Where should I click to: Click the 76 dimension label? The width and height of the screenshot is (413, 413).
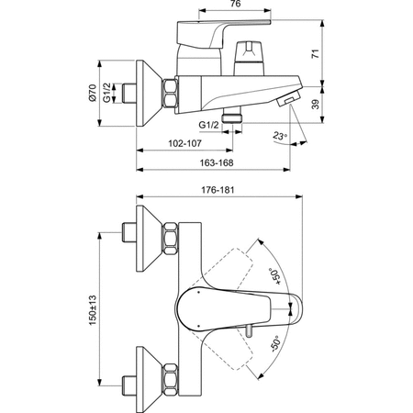tap(235, 4)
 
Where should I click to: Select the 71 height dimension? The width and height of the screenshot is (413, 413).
tap(316, 53)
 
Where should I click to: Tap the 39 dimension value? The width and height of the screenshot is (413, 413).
tap(316, 104)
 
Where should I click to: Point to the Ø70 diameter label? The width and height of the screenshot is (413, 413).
tap(92, 93)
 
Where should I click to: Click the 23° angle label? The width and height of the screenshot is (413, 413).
tap(280, 136)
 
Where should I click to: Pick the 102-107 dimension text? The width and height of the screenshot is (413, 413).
tap(185, 143)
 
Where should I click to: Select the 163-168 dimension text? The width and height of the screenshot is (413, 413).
tap(217, 162)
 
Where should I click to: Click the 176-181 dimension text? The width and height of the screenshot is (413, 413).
tap(218, 190)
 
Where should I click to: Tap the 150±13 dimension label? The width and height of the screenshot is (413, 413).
tap(93, 310)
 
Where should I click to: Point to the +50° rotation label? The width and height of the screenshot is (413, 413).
tap(274, 276)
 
